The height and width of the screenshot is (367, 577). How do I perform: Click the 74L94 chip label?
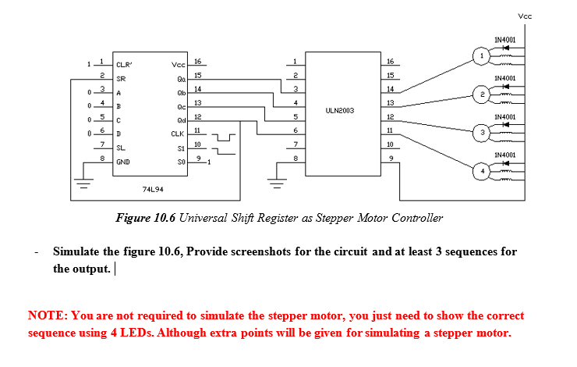(153, 188)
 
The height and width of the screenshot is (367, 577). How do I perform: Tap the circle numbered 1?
(483, 55)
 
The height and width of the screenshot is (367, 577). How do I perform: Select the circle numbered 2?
(483, 94)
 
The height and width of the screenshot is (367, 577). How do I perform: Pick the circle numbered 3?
(483, 133)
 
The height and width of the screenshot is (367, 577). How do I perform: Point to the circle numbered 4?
(483, 170)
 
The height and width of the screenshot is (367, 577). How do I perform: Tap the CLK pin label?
(178, 134)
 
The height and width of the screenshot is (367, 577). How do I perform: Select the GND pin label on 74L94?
(123, 162)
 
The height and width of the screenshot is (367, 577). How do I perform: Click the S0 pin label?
(181, 162)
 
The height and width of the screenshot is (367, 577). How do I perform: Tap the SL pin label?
(121, 148)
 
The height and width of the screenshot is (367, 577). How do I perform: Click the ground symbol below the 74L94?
(82, 185)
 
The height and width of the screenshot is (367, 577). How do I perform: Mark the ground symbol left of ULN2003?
(274, 185)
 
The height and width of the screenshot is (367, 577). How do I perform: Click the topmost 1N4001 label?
(504, 38)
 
